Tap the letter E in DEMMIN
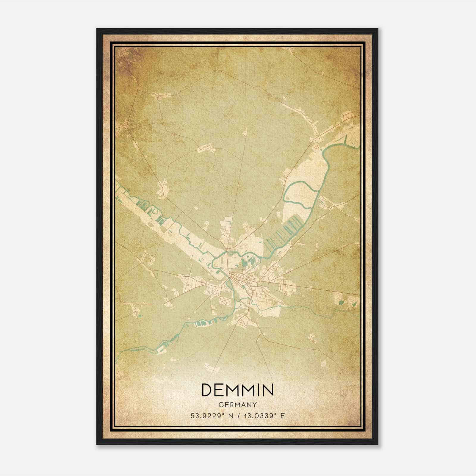click(x=221, y=390)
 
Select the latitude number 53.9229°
click(x=207, y=416)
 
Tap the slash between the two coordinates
click(x=238, y=416)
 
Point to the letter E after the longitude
click(x=283, y=416)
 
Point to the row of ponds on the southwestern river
click(x=205, y=323)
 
